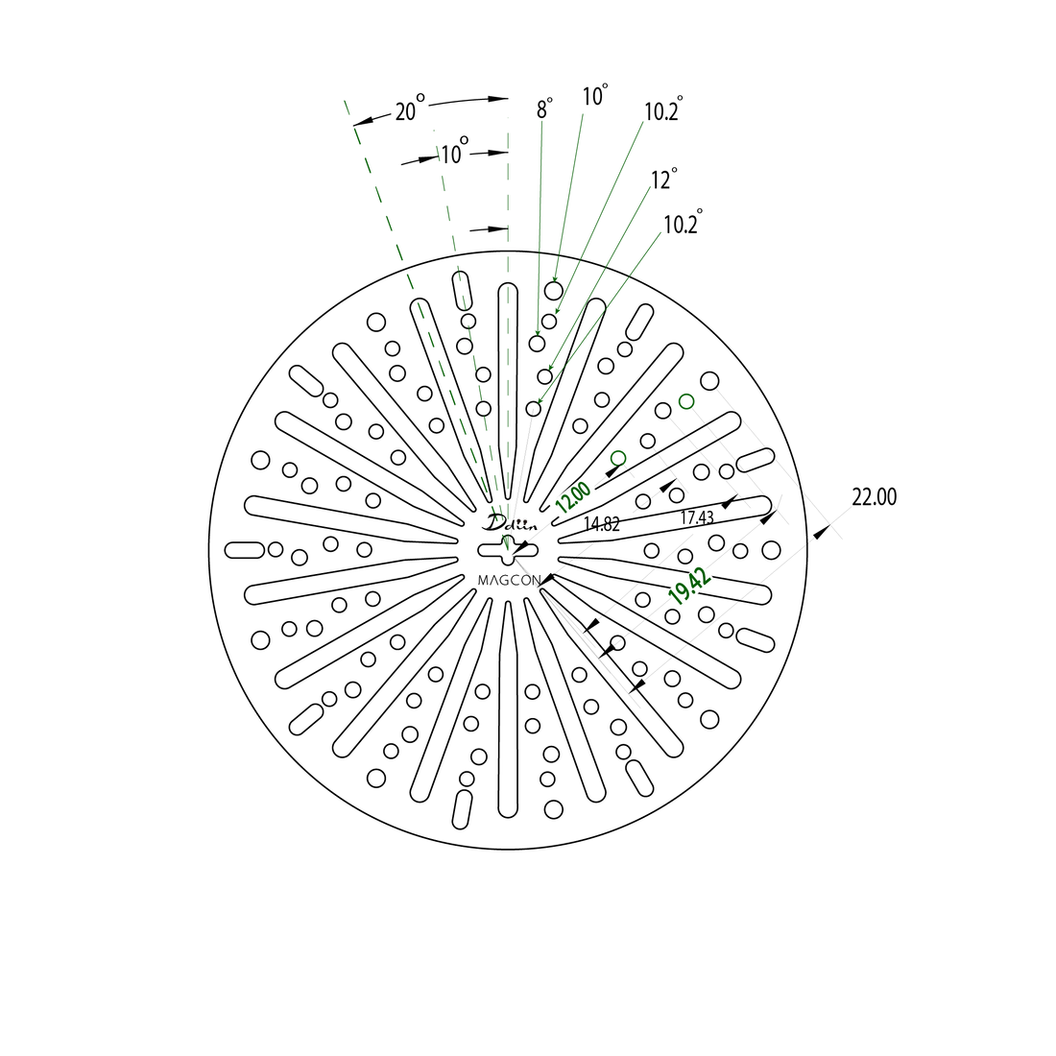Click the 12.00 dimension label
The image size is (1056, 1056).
click(573, 497)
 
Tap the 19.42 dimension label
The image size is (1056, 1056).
click(690, 585)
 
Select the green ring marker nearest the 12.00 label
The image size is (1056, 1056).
click(618, 457)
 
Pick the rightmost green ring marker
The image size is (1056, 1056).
click(685, 401)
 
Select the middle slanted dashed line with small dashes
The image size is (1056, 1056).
click(465, 307)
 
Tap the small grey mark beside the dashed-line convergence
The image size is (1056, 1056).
click(522, 520)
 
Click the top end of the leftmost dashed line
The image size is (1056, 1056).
click(345, 101)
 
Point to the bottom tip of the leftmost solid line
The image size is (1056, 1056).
click(538, 332)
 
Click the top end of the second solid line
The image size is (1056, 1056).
click(582, 114)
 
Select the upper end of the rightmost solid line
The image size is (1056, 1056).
click(661, 231)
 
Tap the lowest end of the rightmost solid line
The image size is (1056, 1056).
click(540, 399)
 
